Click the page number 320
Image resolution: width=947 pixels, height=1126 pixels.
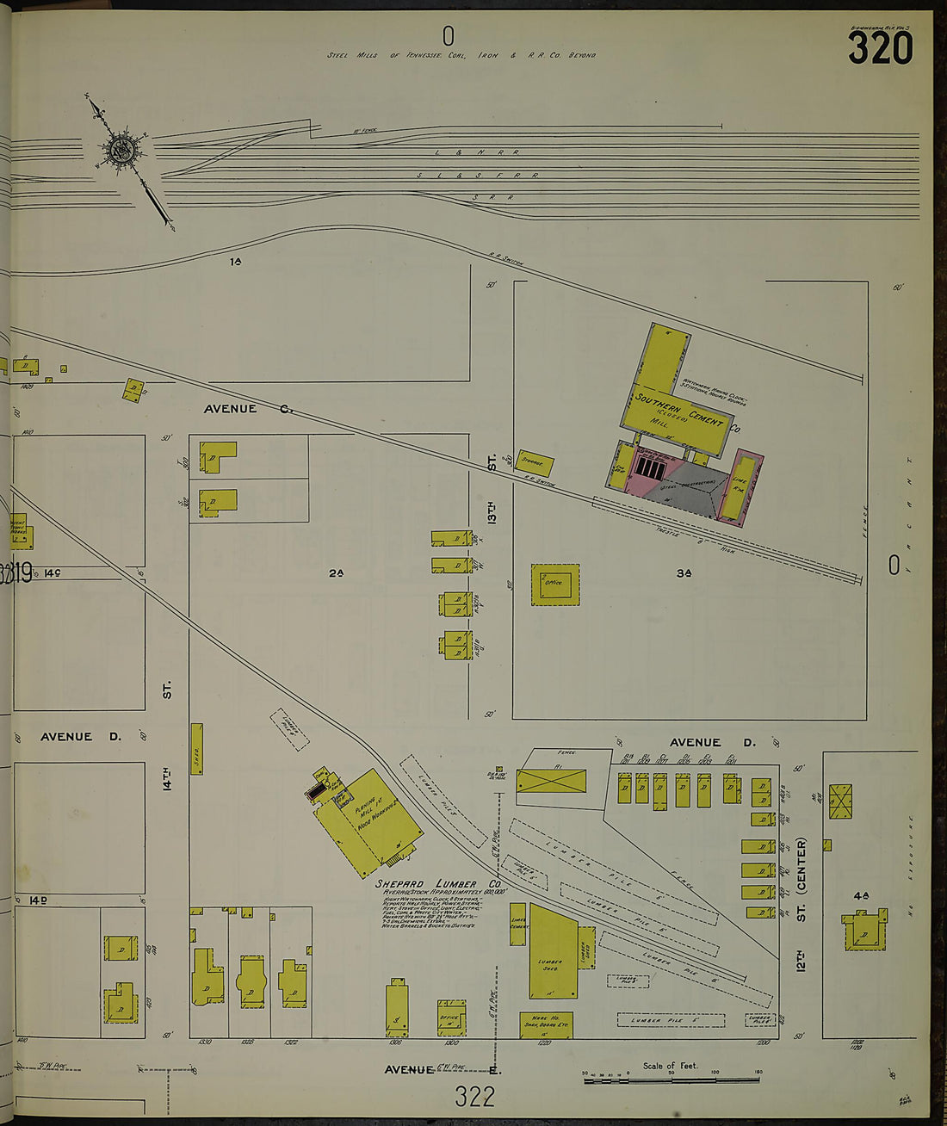click(880, 48)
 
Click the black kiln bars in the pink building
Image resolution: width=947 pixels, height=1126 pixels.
click(651, 468)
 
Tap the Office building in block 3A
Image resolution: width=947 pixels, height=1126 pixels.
click(554, 584)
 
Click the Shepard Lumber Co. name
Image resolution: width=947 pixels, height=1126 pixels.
click(437, 884)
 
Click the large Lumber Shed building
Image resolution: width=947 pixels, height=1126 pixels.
click(552, 952)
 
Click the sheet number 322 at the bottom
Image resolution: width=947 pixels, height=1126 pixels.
click(475, 1096)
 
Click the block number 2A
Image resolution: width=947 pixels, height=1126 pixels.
click(336, 573)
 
